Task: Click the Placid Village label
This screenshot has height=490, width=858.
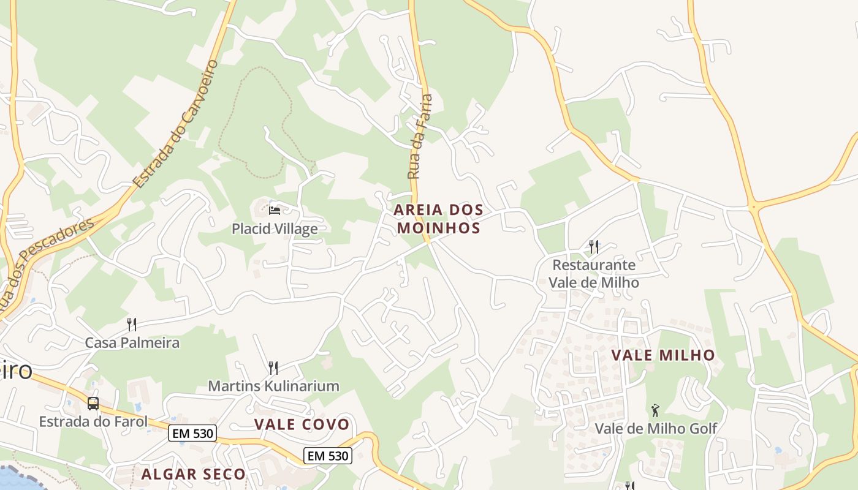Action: click(275, 229)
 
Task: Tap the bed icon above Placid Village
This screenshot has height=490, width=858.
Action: click(275, 211)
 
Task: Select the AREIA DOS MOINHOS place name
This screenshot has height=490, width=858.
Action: click(438, 219)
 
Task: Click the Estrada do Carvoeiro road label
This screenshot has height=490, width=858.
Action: click(175, 124)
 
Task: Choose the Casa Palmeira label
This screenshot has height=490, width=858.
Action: click(132, 342)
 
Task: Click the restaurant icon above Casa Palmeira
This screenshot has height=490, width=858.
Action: click(132, 324)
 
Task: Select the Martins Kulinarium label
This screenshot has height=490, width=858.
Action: click(273, 386)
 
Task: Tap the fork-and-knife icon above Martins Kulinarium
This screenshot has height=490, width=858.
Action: click(273, 367)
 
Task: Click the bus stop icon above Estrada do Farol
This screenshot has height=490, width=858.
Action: click(93, 404)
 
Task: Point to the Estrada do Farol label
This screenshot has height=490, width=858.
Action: click(93, 421)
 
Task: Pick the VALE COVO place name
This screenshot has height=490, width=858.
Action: click(302, 424)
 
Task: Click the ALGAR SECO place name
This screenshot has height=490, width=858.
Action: click(193, 474)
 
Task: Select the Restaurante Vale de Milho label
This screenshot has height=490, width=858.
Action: click(593, 274)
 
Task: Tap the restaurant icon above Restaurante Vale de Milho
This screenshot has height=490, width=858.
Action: click(593, 247)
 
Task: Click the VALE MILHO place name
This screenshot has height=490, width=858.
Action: click(663, 355)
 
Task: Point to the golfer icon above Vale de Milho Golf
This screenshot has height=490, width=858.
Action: click(655, 410)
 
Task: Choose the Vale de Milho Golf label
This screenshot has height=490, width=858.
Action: click(656, 428)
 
